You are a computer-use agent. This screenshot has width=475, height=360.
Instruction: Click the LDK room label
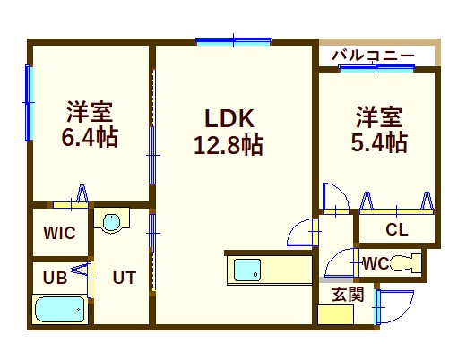229,118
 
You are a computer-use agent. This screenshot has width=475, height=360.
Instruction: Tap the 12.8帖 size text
229,146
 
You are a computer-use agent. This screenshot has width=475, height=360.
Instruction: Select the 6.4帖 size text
90,137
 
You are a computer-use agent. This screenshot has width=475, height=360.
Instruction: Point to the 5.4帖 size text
379,141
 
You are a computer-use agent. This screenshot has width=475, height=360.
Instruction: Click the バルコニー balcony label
373,56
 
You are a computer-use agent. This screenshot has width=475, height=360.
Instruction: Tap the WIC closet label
60,233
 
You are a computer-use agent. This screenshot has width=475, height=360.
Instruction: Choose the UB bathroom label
55,278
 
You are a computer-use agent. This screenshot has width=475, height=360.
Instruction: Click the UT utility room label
125,278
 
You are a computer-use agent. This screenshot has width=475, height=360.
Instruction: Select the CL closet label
397,230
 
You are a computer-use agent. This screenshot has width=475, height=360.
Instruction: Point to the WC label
376,263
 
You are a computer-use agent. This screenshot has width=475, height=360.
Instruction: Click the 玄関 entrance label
348,295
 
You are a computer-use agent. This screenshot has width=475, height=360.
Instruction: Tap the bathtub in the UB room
60,310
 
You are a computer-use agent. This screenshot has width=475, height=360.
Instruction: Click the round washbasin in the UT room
111,223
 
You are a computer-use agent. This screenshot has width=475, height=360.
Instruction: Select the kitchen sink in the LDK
247,270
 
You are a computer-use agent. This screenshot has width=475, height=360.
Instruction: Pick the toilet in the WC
406,262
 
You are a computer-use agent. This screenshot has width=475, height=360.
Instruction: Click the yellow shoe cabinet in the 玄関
336,314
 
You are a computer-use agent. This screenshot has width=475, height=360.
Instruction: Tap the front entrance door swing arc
403,312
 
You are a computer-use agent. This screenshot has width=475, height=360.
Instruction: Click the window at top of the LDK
234,40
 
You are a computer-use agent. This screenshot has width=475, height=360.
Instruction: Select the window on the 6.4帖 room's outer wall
29,103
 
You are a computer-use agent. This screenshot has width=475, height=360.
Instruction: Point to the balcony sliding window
376,68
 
